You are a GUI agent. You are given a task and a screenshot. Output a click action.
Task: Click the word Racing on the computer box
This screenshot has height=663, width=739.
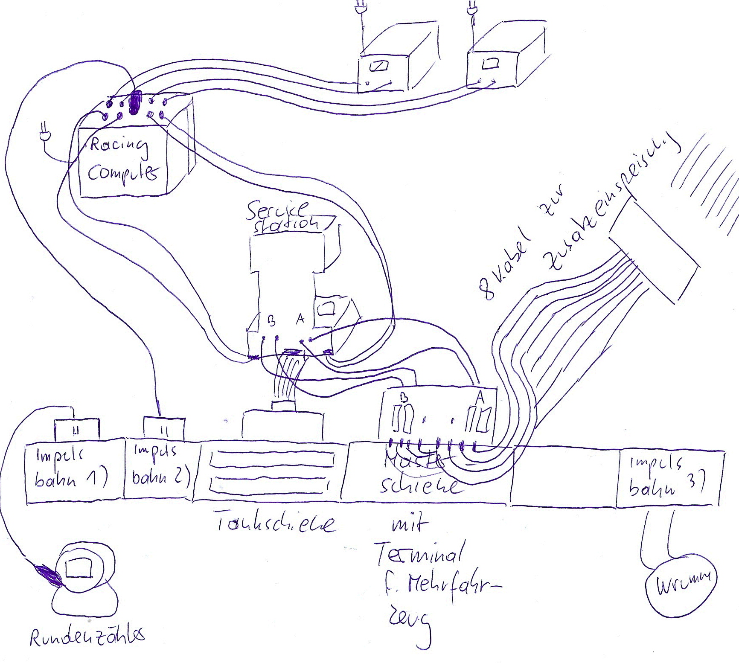click(x=119, y=145)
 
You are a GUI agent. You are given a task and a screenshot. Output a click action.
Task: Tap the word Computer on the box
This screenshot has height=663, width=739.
click(x=122, y=173)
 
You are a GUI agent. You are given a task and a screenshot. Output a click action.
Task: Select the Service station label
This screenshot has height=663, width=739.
click(x=282, y=217)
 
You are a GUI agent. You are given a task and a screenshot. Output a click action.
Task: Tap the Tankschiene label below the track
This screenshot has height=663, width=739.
click(x=276, y=523)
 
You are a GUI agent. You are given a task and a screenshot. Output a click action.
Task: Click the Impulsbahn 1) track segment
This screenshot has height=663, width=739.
click(x=73, y=469)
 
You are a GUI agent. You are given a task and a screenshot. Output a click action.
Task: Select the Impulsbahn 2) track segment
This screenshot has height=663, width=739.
click(x=160, y=467)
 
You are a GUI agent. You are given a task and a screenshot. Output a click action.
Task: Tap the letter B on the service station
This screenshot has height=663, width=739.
click(x=271, y=320)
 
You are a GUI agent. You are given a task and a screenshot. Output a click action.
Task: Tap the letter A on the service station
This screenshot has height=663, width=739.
click(x=300, y=318)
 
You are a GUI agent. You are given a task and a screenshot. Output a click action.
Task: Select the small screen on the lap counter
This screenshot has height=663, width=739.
click(x=79, y=567)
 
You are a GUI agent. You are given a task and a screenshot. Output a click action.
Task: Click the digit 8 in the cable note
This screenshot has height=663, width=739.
click(x=486, y=289)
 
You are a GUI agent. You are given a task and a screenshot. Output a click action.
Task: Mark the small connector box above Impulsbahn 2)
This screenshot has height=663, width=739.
click(x=164, y=428)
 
